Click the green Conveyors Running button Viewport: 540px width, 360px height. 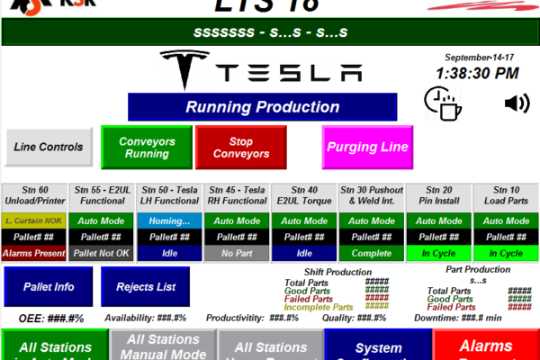[x=147, y=148]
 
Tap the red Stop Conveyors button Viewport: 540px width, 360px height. [x=240, y=148]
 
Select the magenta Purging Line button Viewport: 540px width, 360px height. [x=367, y=147]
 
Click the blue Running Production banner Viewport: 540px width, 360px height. [x=261, y=107]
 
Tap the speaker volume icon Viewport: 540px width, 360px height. [x=517, y=103]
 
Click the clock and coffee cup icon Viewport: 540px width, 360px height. [x=442, y=104]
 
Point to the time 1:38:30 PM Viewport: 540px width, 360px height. [x=477, y=73]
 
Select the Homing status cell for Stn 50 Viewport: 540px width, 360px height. [x=170, y=221]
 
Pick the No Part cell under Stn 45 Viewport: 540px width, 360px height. [x=237, y=254]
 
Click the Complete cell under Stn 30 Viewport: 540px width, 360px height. [x=371, y=254]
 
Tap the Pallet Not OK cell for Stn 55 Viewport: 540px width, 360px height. [x=103, y=254]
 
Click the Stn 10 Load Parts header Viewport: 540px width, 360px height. [x=505, y=195]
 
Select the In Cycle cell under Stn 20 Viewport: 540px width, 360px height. [x=438, y=254]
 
